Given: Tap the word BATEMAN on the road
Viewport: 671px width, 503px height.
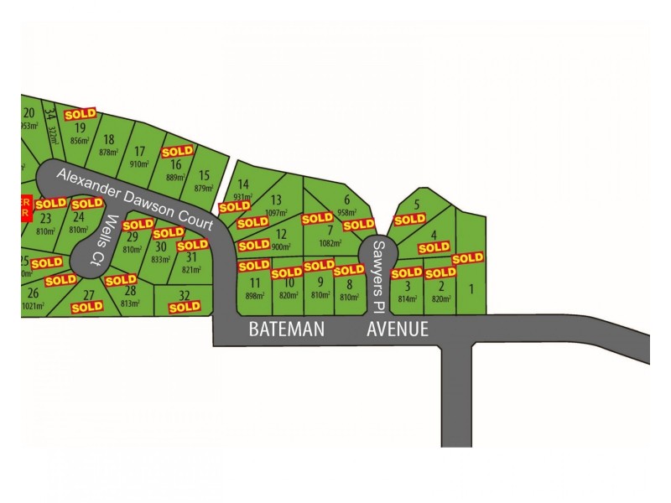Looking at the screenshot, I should pos(286,329).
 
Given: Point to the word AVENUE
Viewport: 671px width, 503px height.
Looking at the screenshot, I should pos(398,329).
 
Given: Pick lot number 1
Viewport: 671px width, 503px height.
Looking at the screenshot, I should pos(471,289).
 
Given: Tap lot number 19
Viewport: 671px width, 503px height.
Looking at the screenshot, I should pos(81,128).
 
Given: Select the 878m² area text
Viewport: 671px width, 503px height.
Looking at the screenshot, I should pos(108,152).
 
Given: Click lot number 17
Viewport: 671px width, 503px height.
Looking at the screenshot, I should pos(140,152).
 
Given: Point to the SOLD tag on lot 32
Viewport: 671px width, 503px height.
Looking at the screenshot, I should pos(185,307).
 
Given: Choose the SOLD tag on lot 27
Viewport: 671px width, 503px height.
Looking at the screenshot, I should pos(87,307).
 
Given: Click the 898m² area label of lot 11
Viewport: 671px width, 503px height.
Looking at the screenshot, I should pos(255,295).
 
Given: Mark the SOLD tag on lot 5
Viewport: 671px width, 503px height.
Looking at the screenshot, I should pos(409,220).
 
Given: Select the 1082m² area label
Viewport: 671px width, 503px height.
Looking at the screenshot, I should pos(331,243).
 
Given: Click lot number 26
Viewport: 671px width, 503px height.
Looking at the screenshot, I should pos(33,293).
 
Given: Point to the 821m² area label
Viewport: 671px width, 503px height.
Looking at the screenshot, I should pos(192,270).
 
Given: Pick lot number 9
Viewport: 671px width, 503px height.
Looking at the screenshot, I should pos(320,283).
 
